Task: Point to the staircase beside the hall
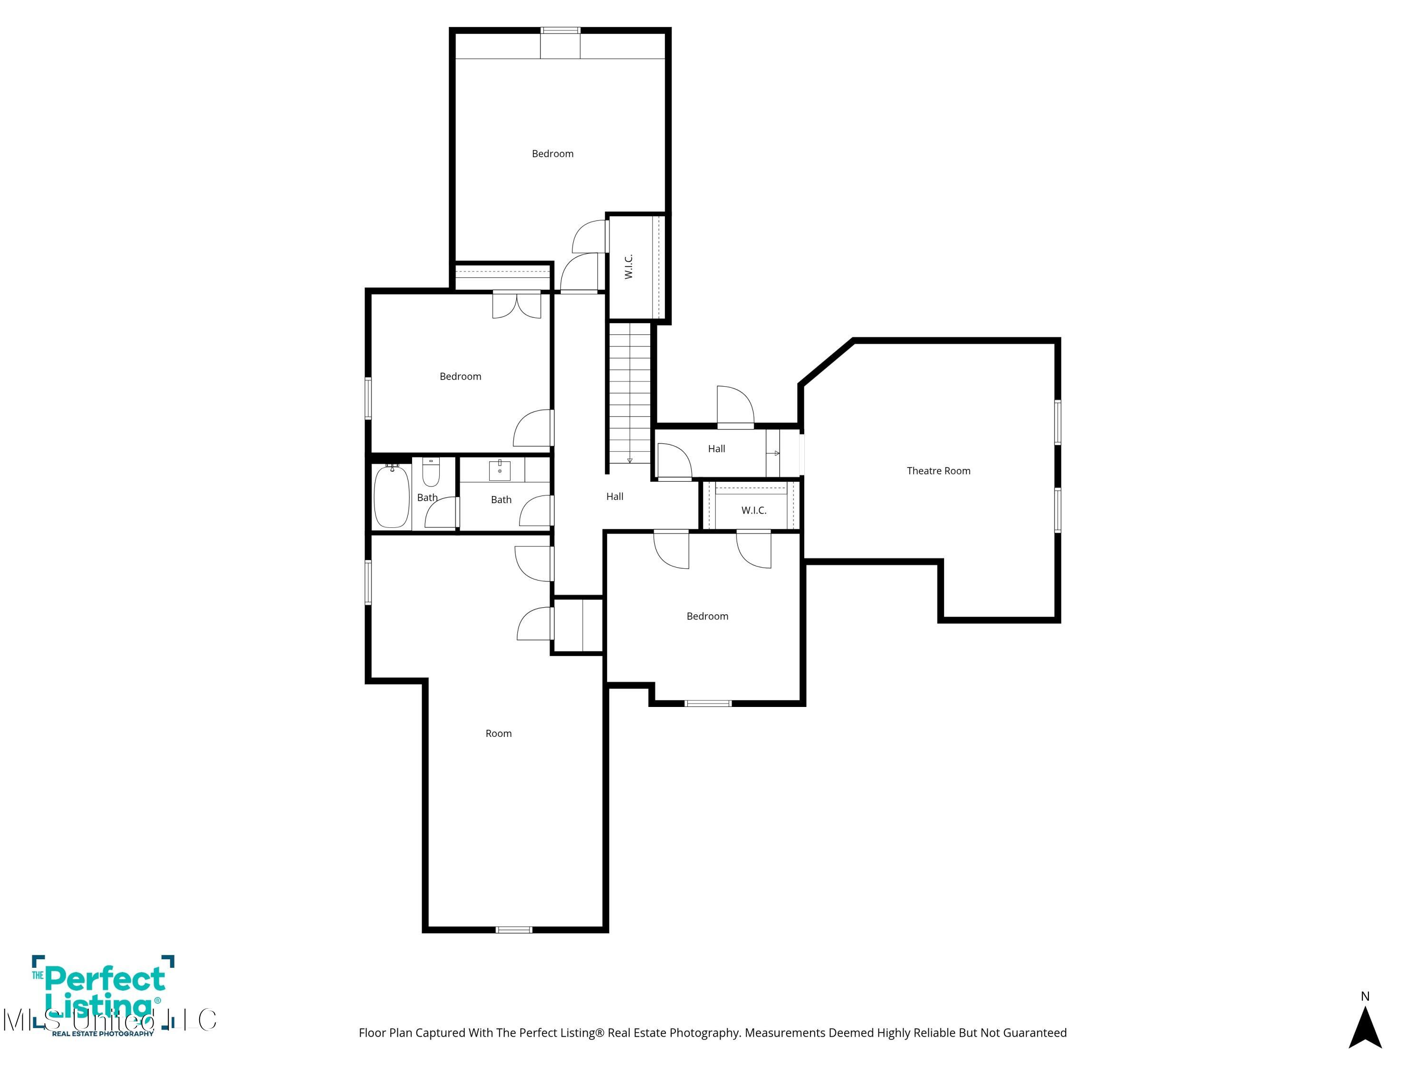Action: pyautogui.click(x=630, y=393)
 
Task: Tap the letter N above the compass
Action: pyautogui.click(x=1365, y=996)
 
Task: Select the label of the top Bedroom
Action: pyautogui.click(x=552, y=153)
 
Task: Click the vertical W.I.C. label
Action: pyautogui.click(x=628, y=266)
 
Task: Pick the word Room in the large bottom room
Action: pyautogui.click(x=498, y=733)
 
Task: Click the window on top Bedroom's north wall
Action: pyautogui.click(x=560, y=30)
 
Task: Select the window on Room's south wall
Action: pyautogui.click(x=514, y=929)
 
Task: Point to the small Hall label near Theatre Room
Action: pyautogui.click(x=716, y=449)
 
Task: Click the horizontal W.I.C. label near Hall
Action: pyautogui.click(x=753, y=510)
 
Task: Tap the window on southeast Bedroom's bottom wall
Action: pyautogui.click(x=708, y=703)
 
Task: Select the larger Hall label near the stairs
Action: pyautogui.click(x=614, y=496)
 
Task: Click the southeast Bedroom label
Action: pyautogui.click(x=707, y=616)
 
